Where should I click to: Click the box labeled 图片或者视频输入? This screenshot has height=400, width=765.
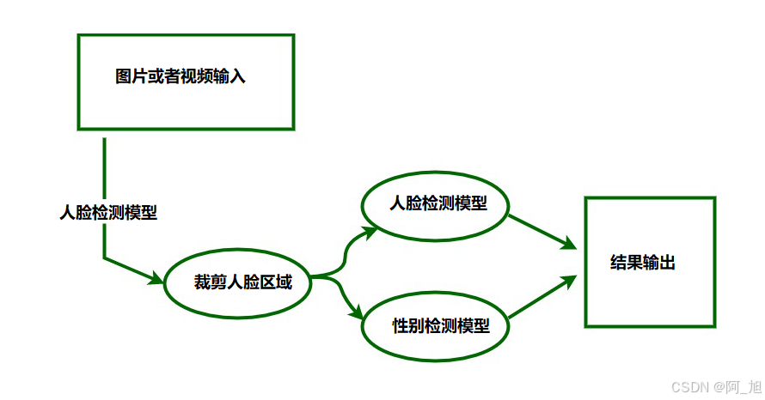(x=186, y=82)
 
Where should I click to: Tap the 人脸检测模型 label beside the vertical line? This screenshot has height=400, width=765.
(x=108, y=212)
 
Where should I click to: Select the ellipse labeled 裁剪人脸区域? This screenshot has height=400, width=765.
(x=236, y=282)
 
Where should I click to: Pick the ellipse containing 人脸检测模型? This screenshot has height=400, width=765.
(x=437, y=206)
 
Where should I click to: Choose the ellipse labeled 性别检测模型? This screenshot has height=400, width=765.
(x=435, y=326)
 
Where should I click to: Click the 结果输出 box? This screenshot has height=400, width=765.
(x=649, y=262)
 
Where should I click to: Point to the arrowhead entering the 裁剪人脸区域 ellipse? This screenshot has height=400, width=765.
(x=156, y=278)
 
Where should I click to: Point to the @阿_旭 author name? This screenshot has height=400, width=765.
(x=736, y=386)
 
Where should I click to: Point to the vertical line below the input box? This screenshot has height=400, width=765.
(x=104, y=172)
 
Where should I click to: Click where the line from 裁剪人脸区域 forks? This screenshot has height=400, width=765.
(x=335, y=276)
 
